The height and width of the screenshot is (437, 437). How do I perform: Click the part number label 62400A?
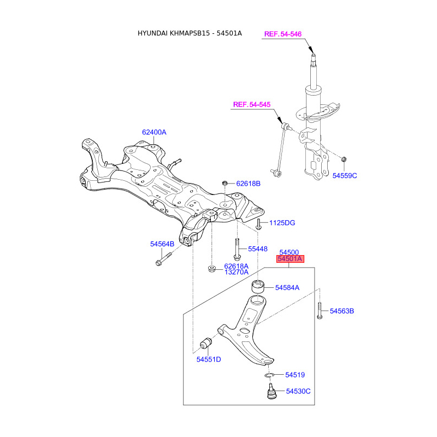(x=154, y=132)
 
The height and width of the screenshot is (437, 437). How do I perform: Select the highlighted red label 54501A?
(x=290, y=259)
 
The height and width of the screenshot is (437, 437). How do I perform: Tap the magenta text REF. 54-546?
(x=283, y=34)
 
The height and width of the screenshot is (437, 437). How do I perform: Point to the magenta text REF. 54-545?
(x=252, y=104)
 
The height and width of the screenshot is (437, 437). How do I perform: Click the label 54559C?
(x=345, y=175)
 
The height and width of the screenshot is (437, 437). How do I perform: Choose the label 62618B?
(x=249, y=184)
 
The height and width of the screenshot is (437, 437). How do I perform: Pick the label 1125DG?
(x=282, y=223)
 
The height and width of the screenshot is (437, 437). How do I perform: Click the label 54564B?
(x=162, y=244)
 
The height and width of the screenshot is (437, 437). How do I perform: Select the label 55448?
(x=258, y=249)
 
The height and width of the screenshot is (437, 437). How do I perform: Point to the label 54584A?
(x=287, y=287)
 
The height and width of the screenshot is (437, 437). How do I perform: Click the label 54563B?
(x=342, y=311)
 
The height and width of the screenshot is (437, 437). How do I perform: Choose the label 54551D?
(x=209, y=359)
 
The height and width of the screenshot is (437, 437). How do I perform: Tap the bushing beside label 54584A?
(x=257, y=286)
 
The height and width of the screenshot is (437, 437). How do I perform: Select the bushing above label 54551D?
(x=205, y=342)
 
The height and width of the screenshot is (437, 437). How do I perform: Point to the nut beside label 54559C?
(x=344, y=160)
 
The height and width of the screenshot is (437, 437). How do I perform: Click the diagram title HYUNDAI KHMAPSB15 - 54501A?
(x=190, y=34)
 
